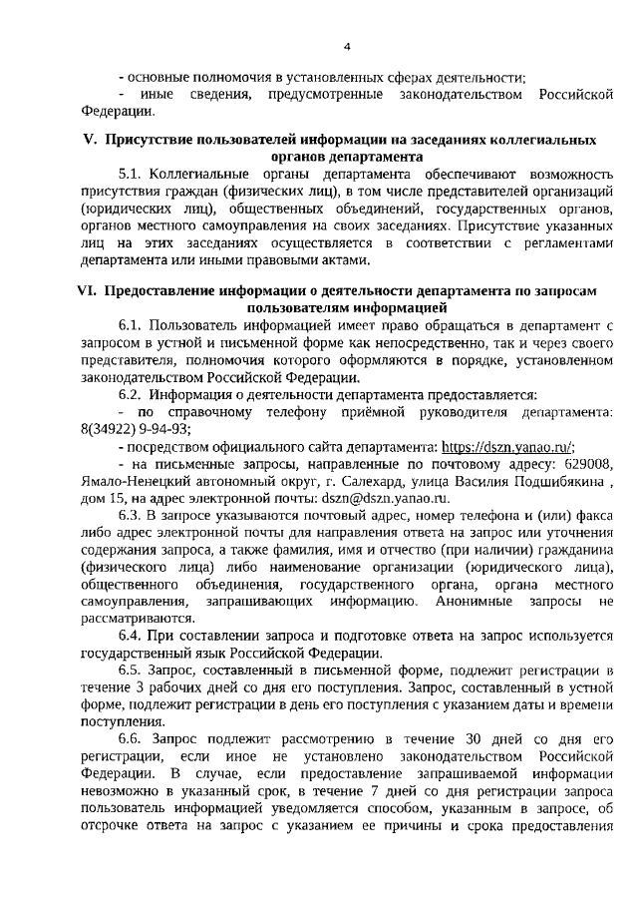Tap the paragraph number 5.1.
point(132,173)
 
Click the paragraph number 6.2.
point(132,393)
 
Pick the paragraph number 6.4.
point(132,635)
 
